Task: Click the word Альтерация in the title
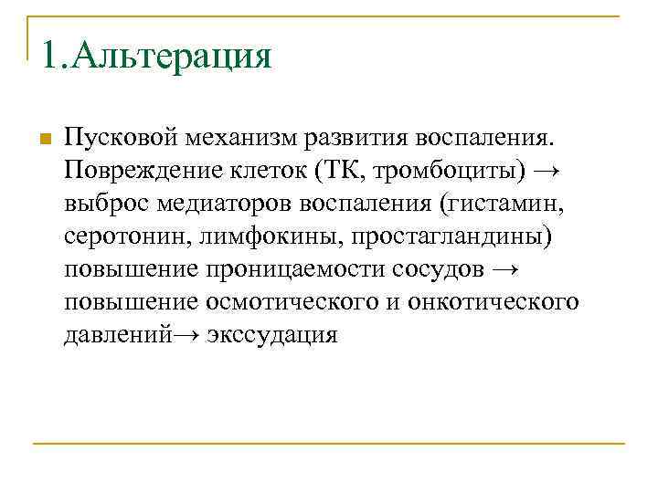click(x=172, y=57)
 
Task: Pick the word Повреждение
click(x=137, y=172)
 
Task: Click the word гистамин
click(x=503, y=205)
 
